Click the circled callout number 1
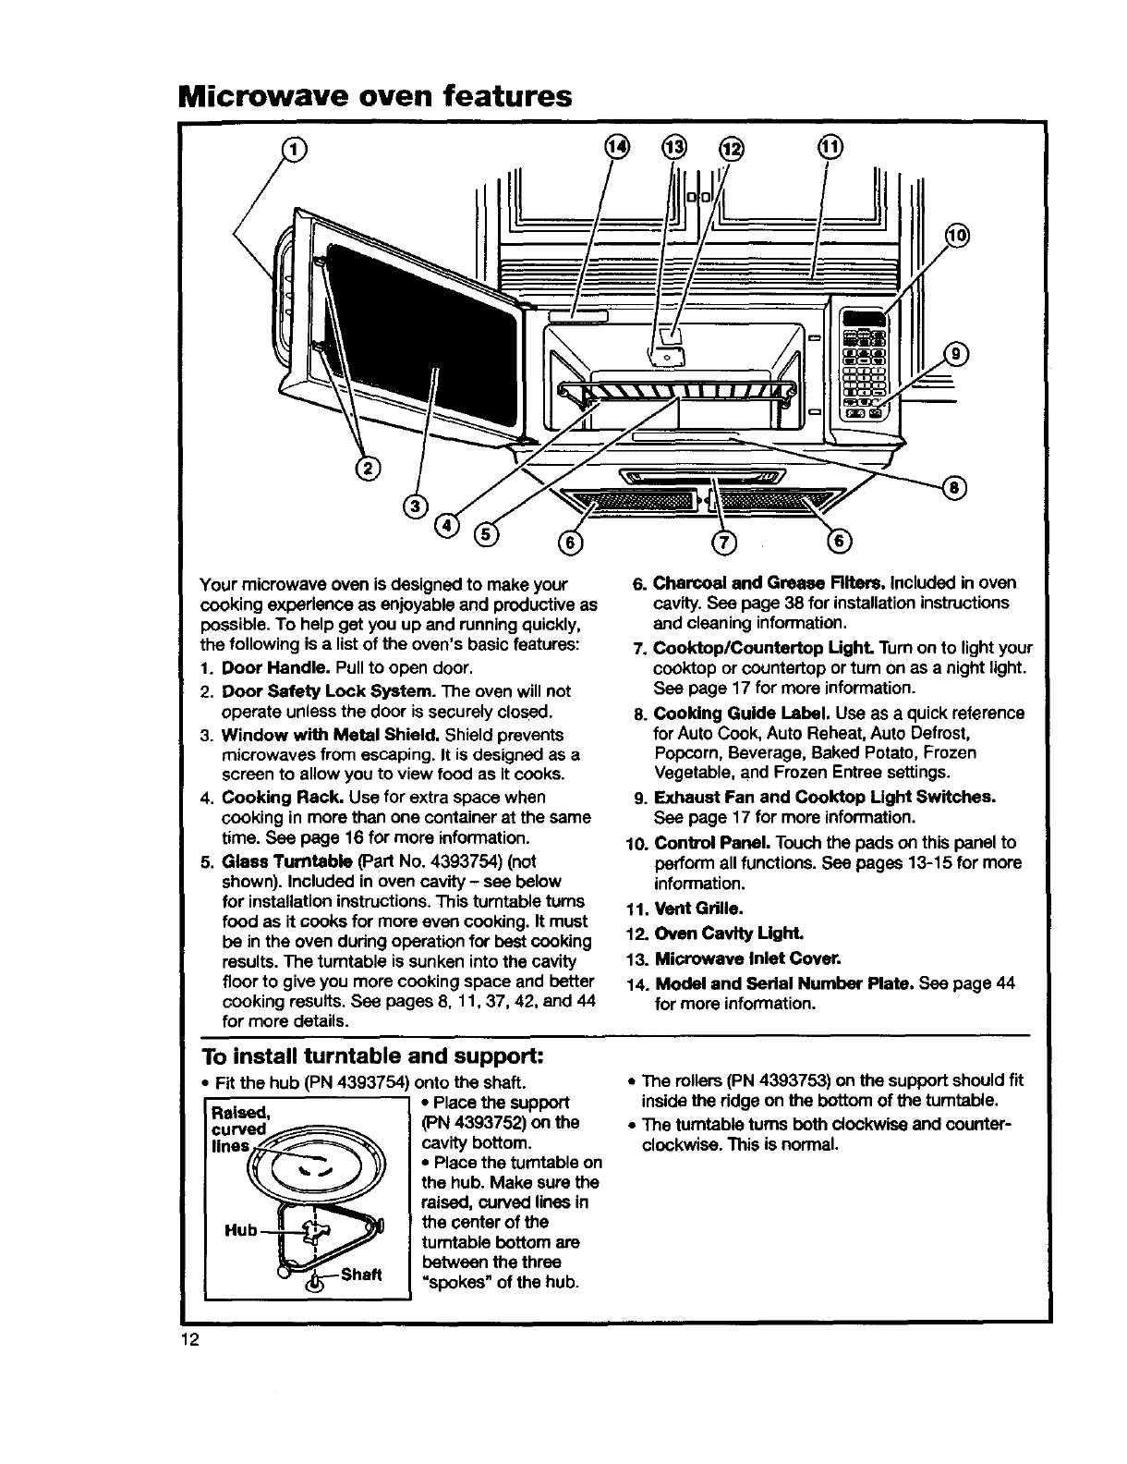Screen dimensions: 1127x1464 point(294,148)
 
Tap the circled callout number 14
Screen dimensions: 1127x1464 point(617,147)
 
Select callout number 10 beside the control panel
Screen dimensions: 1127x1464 point(957,236)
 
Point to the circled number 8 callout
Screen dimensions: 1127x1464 point(954,488)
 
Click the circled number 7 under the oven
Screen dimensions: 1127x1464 point(723,543)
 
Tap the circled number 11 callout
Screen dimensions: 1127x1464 point(830,146)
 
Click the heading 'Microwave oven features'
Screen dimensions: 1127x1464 point(375,96)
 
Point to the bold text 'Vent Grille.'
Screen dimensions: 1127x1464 point(699,909)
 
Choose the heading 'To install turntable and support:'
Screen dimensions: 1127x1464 point(373,1055)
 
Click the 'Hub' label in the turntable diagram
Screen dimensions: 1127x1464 point(241,1230)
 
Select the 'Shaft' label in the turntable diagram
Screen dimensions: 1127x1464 point(361,1275)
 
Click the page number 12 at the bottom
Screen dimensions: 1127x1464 point(190,1339)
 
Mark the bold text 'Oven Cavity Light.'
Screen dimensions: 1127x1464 point(729,933)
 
